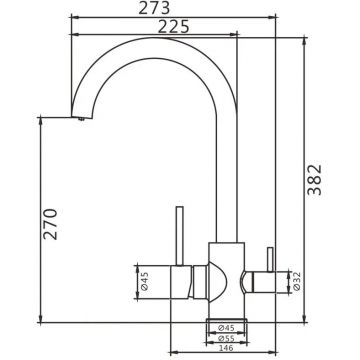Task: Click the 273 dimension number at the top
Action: [154, 8]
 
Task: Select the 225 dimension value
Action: [173, 27]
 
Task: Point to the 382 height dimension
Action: [315, 179]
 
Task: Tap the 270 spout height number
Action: [51, 224]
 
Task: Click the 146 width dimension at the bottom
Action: [226, 348]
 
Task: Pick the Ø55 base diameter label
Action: [226, 338]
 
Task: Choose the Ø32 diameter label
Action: [297, 282]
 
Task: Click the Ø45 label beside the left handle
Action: [144, 282]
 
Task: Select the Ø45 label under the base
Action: [226, 328]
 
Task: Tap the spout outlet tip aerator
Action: [80, 118]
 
